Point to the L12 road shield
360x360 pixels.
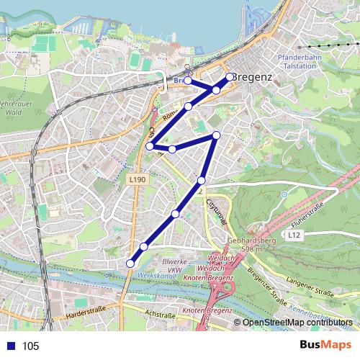click(293, 235)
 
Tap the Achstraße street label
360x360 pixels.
click(161, 314)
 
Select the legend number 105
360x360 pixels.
click(30, 346)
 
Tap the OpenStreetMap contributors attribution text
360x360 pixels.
click(299, 322)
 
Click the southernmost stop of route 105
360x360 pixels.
click(130, 264)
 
